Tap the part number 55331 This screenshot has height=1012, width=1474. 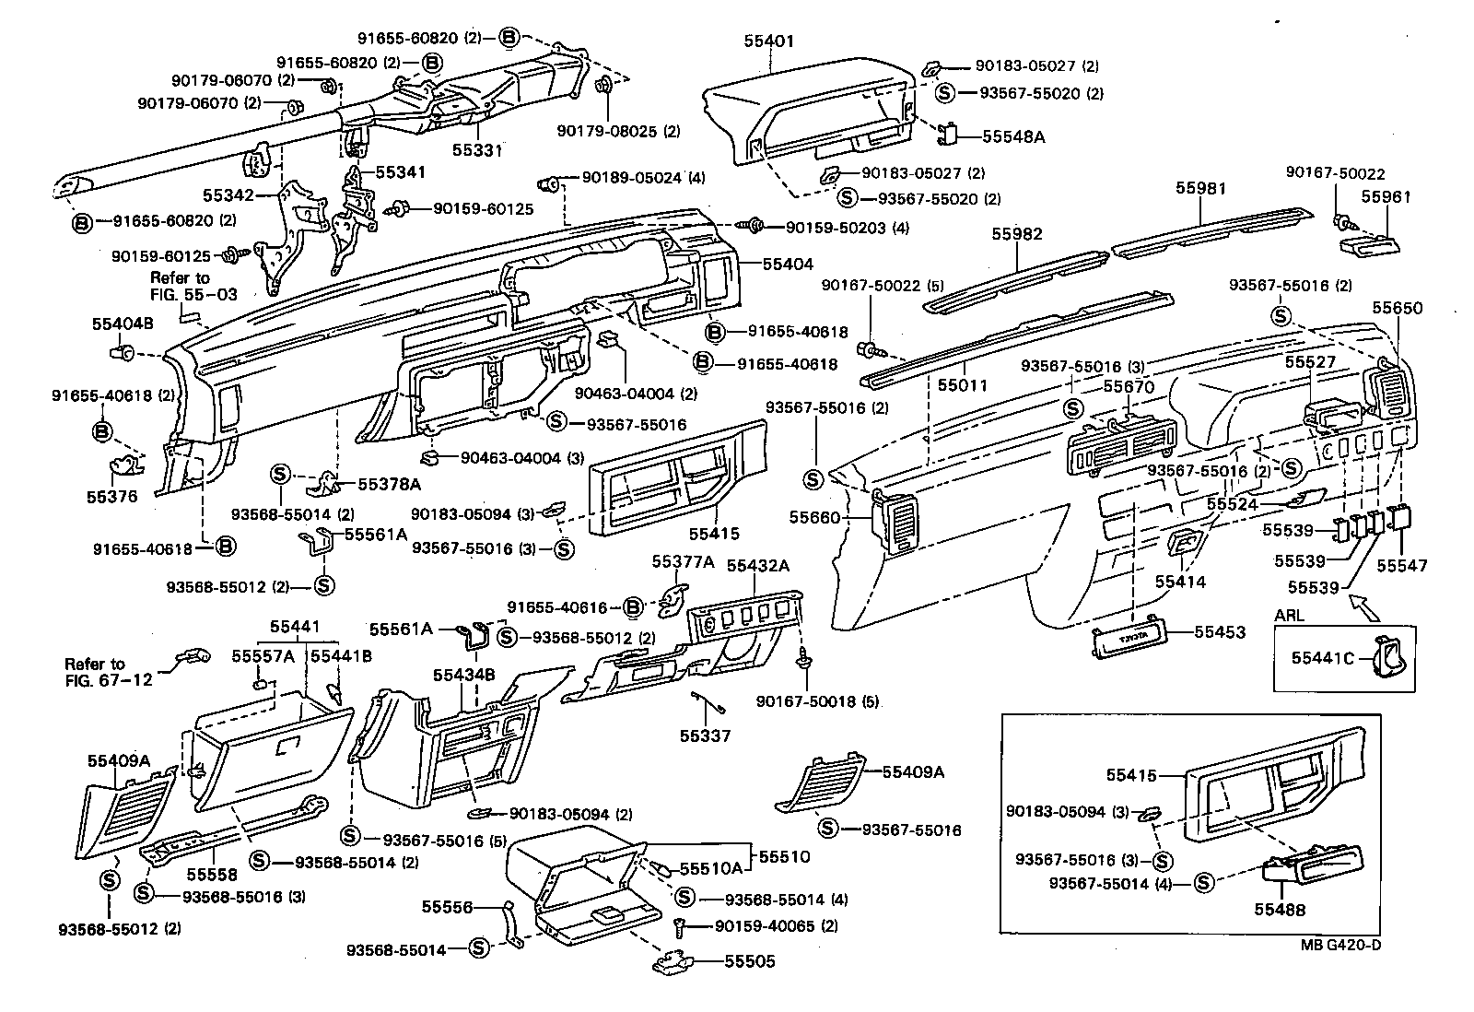477,149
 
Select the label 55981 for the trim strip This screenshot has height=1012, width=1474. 1200,188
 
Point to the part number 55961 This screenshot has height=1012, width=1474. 1386,197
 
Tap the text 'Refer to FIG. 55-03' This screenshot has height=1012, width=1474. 181,286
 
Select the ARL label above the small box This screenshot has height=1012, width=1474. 1289,615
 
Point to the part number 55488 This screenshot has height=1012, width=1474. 1279,910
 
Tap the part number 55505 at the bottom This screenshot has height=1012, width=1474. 749,961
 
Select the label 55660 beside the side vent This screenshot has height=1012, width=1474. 814,518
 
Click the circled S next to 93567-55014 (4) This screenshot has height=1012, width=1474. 1203,883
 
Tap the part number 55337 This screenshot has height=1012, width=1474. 705,735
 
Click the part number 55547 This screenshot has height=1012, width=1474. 1401,566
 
